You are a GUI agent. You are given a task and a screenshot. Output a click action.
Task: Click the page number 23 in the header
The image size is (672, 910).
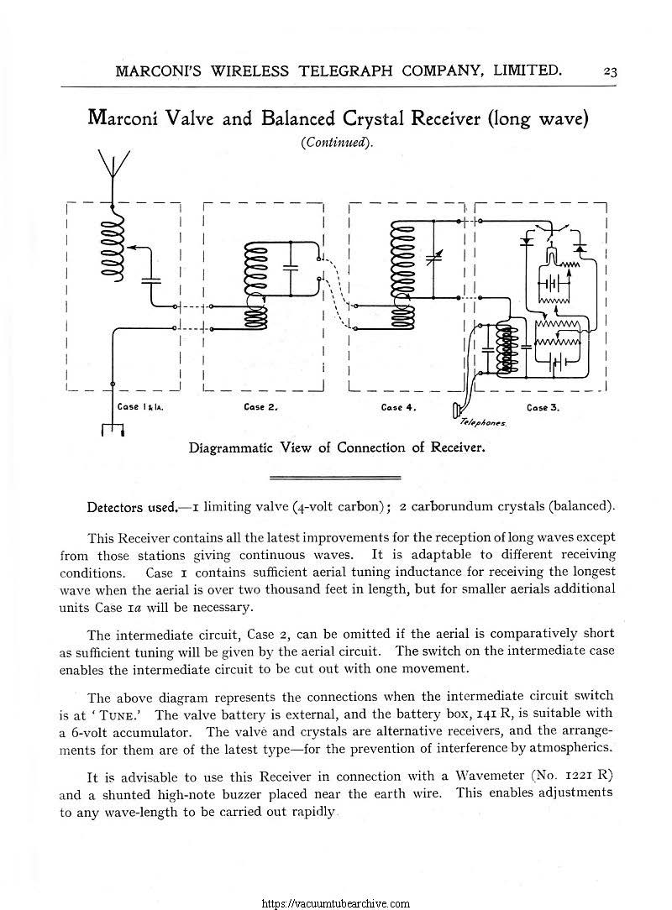(x=610, y=71)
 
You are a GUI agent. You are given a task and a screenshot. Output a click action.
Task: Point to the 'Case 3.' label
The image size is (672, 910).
(x=543, y=407)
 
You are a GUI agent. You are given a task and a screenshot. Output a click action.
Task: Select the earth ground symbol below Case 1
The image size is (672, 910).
(x=112, y=430)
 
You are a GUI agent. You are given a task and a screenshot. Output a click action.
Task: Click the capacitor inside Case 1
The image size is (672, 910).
(x=152, y=280)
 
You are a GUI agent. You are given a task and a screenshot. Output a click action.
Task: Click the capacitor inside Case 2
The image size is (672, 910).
(x=291, y=266)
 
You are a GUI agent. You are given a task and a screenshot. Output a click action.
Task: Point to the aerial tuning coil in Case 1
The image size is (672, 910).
(x=112, y=243)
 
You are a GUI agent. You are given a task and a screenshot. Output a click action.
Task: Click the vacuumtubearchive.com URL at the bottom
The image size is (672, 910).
(x=336, y=903)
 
